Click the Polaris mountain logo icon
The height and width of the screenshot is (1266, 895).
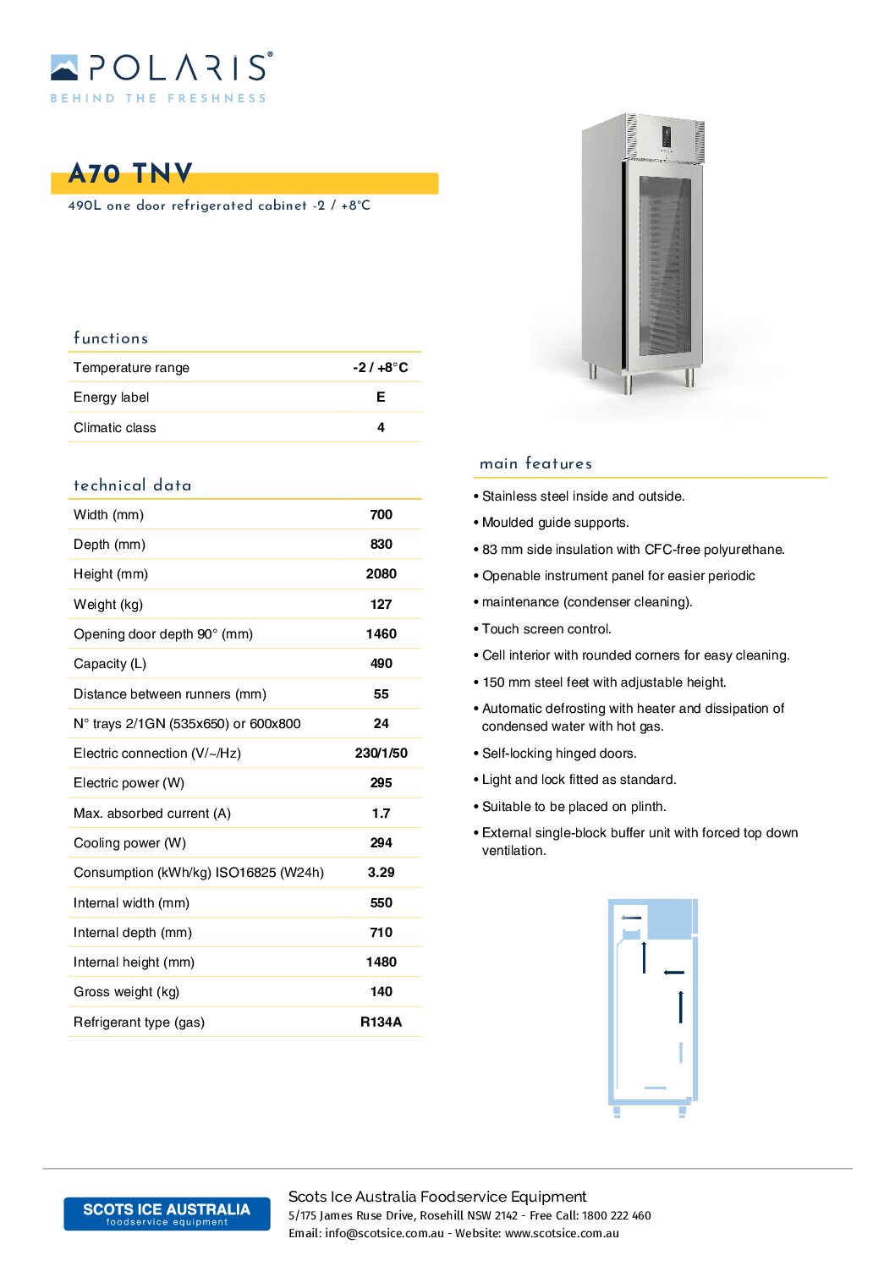click(64, 68)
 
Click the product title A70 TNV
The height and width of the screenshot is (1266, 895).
click(131, 174)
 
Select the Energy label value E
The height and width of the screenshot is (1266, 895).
click(381, 397)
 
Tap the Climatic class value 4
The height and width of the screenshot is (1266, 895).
click(381, 427)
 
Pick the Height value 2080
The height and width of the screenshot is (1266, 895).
click(381, 573)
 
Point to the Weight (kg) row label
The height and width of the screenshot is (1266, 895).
click(108, 604)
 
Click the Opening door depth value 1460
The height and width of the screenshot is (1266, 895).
click(381, 633)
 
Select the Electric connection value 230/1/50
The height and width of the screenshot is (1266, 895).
click(381, 753)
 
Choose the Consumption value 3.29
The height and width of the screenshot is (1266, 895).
click(381, 872)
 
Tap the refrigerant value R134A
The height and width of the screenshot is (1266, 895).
click(381, 1022)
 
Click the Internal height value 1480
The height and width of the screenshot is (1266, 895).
click(381, 962)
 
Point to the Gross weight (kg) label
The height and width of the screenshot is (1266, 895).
click(126, 991)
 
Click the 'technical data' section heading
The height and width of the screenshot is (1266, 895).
click(133, 485)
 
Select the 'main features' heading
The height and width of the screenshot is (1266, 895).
click(535, 463)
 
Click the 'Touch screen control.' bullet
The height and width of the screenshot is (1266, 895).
click(546, 628)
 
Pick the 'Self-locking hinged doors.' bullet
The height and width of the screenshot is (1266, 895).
click(559, 753)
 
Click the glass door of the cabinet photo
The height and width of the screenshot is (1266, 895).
click(664, 266)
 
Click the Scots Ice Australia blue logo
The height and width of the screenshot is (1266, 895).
click(167, 1214)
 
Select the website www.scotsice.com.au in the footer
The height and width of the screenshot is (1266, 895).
click(562, 1233)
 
